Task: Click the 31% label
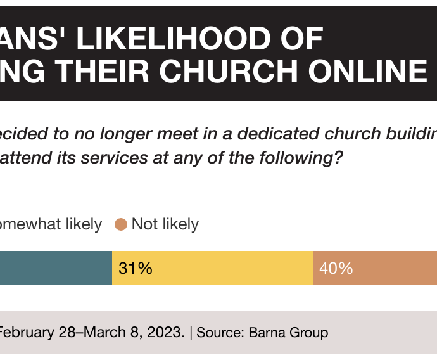[x=136, y=268]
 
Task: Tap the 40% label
[x=336, y=268]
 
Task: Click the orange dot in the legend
[x=121, y=224]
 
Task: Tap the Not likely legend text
[x=165, y=224]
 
